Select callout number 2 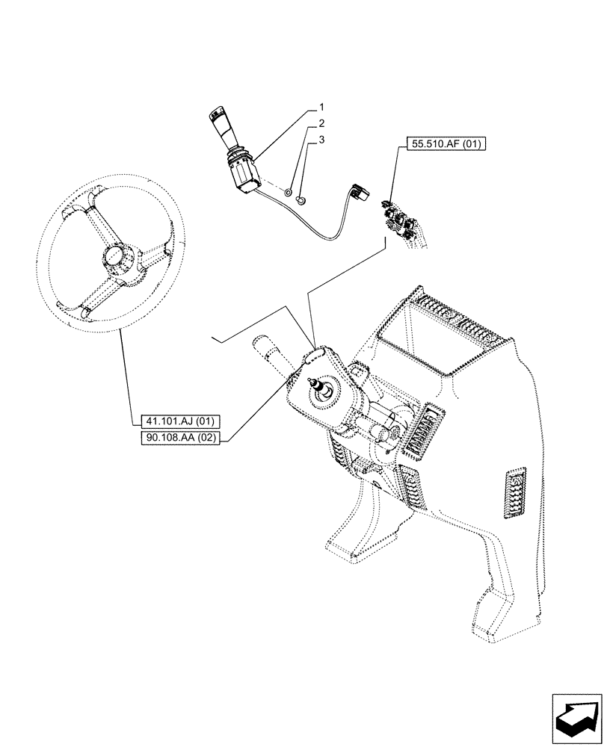321,123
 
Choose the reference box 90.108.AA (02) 179,438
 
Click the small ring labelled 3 301,199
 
